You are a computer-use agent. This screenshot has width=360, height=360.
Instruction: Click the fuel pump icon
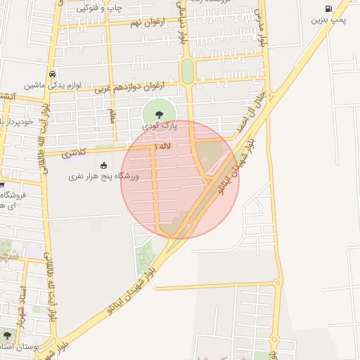[328, 8]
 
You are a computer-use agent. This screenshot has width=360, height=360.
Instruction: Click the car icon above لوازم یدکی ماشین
[52, 74]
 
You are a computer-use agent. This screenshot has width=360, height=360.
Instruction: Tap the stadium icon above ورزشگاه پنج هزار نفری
[104, 165]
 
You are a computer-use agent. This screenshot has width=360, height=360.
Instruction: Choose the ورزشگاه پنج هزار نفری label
[103, 176]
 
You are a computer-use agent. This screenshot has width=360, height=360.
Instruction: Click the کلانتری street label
[73, 152]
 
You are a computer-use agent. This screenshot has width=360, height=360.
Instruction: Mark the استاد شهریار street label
[24, 301]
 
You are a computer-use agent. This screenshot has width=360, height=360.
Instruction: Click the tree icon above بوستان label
[7, 335]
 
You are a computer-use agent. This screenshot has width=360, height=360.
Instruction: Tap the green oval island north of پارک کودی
[187, 70]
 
